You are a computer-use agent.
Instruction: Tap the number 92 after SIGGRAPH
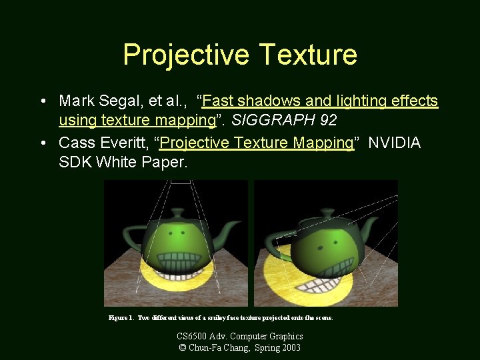click(328, 121)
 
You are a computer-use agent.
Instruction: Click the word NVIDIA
click(395, 143)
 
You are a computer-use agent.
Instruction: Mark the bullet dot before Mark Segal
click(43, 101)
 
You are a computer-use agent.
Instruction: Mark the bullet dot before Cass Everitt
click(43, 143)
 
